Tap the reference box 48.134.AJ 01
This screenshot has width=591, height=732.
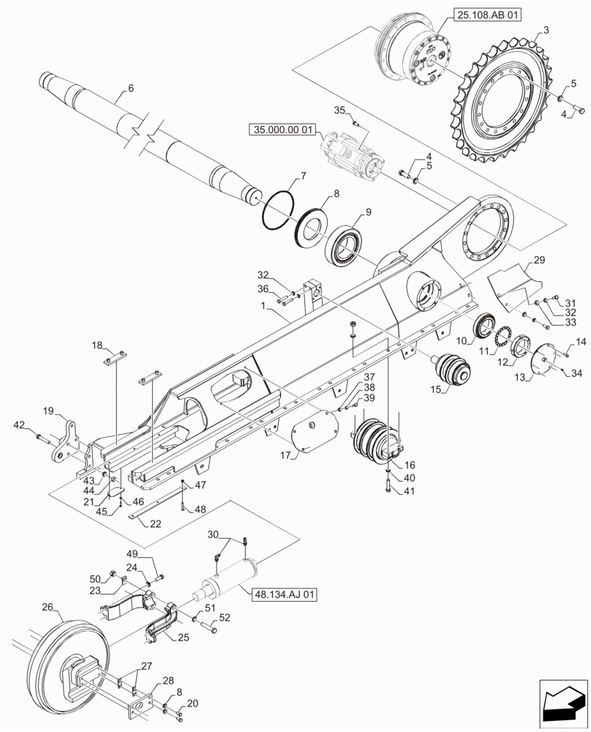285,595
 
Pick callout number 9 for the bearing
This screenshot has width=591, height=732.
368,212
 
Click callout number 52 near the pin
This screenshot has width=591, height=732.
225,618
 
